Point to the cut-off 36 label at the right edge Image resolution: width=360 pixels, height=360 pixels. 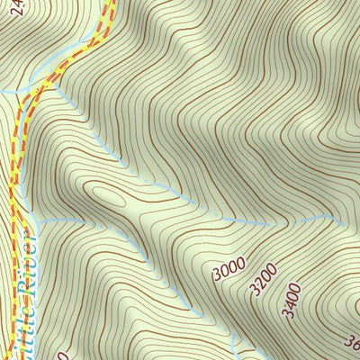click(352, 343)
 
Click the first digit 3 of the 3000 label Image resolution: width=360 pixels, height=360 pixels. click(219, 276)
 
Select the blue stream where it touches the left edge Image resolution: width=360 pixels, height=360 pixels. click(2, 91)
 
